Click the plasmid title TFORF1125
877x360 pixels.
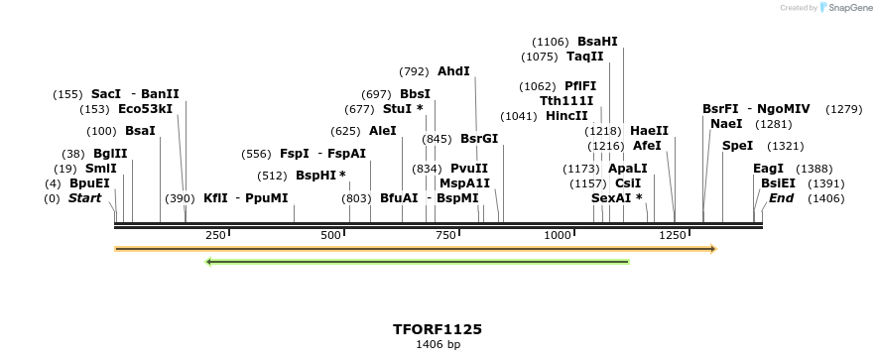[438, 329]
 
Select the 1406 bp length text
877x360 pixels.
[438, 345]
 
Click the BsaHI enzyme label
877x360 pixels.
[597, 42]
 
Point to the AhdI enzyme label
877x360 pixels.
[453, 71]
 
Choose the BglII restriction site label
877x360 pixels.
[110, 154]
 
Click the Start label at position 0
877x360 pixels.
[84, 198]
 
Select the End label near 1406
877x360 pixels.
[781, 198]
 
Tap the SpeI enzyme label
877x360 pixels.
[737, 146]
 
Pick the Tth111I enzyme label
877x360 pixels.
[566, 101]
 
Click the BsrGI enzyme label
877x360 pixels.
[479, 139]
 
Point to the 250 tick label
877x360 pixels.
[215, 235]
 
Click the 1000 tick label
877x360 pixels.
[558, 235]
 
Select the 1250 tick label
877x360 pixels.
[673, 235]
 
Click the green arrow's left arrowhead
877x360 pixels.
[209, 262]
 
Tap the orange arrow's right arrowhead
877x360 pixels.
[712, 249]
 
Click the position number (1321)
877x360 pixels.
[786, 146]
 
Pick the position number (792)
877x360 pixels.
[414, 71]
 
